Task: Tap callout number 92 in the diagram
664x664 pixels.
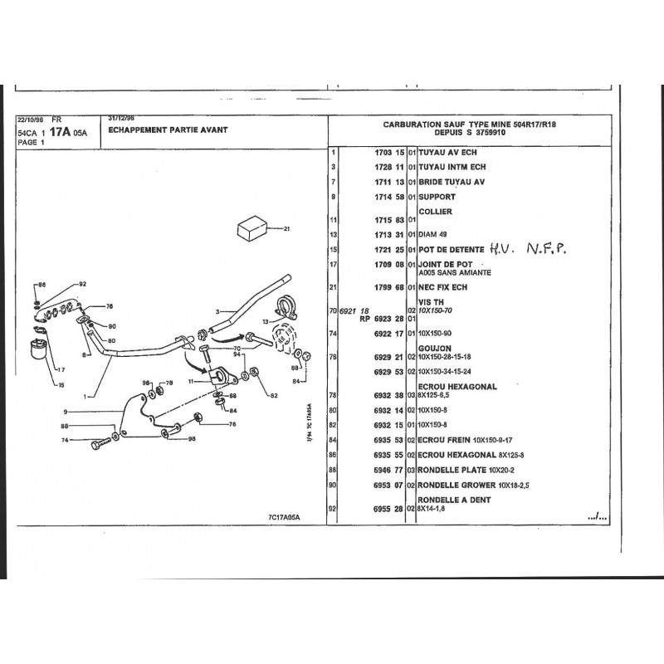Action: click(82, 285)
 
